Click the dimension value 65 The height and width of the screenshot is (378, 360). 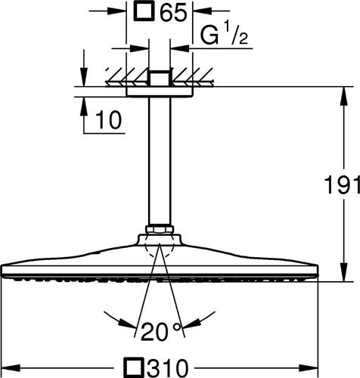point(173,11)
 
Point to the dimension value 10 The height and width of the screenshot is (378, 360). point(109,119)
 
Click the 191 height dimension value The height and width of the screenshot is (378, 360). point(343,184)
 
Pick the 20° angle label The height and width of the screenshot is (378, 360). point(161,331)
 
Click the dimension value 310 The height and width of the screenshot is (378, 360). point(166,368)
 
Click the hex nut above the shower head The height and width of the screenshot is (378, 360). point(160,229)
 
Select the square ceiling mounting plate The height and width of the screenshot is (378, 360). point(160,91)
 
